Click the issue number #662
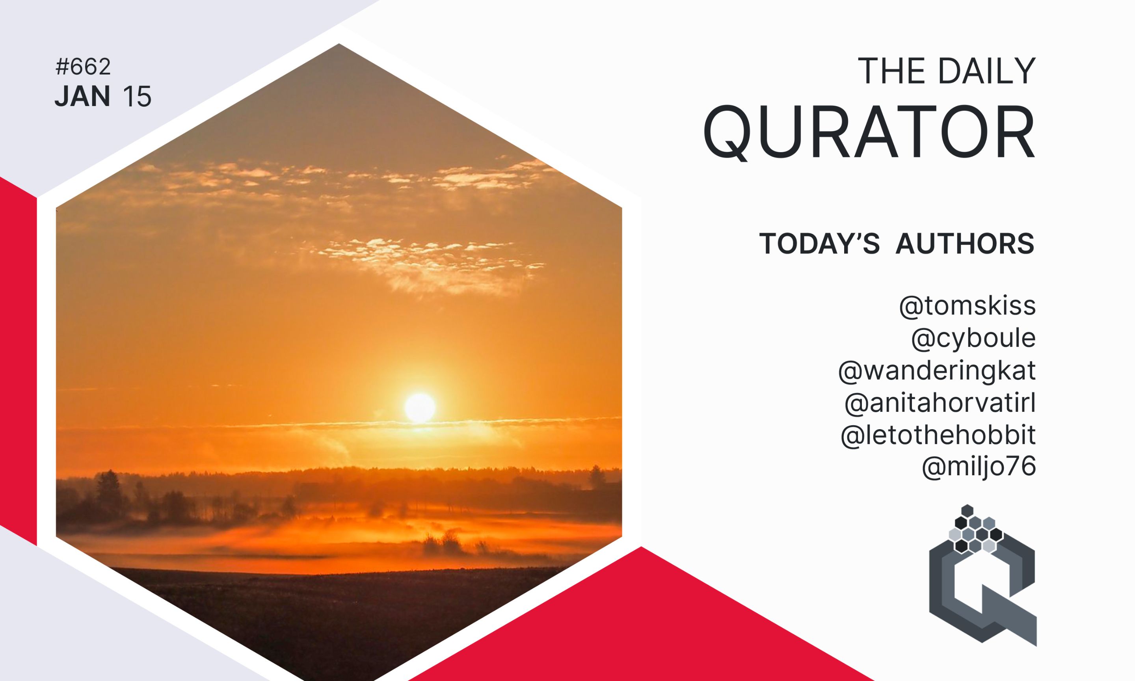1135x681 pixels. (x=83, y=67)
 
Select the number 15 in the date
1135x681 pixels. (x=137, y=97)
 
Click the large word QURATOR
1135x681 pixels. (x=869, y=132)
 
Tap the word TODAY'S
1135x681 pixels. (x=819, y=243)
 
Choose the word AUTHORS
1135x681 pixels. (x=965, y=243)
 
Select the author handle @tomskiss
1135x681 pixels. (x=967, y=306)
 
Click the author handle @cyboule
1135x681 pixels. (x=973, y=339)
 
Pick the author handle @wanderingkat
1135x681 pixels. (x=937, y=370)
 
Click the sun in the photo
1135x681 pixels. (x=419, y=408)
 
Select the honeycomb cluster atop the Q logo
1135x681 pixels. (x=975, y=528)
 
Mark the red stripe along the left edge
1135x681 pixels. (x=19, y=361)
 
